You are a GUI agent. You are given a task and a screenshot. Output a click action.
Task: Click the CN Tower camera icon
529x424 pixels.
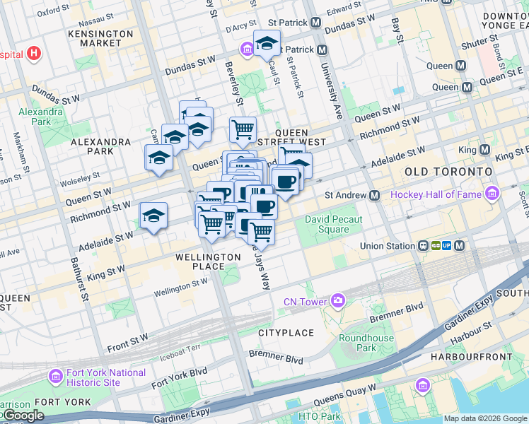pos(339,302)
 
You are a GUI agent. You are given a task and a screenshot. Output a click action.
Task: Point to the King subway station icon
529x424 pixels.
pos(484,150)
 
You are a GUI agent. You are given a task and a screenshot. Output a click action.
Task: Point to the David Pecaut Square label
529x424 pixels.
pos(333,224)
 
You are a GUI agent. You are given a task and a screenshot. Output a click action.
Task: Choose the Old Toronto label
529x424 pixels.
pos(448,172)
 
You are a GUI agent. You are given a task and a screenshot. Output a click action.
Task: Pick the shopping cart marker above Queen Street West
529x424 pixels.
pos(243,129)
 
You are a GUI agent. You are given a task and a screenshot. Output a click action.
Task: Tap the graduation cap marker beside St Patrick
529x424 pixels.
pos(267,43)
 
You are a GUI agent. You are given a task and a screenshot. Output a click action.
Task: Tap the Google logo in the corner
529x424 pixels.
pos(23,416)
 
